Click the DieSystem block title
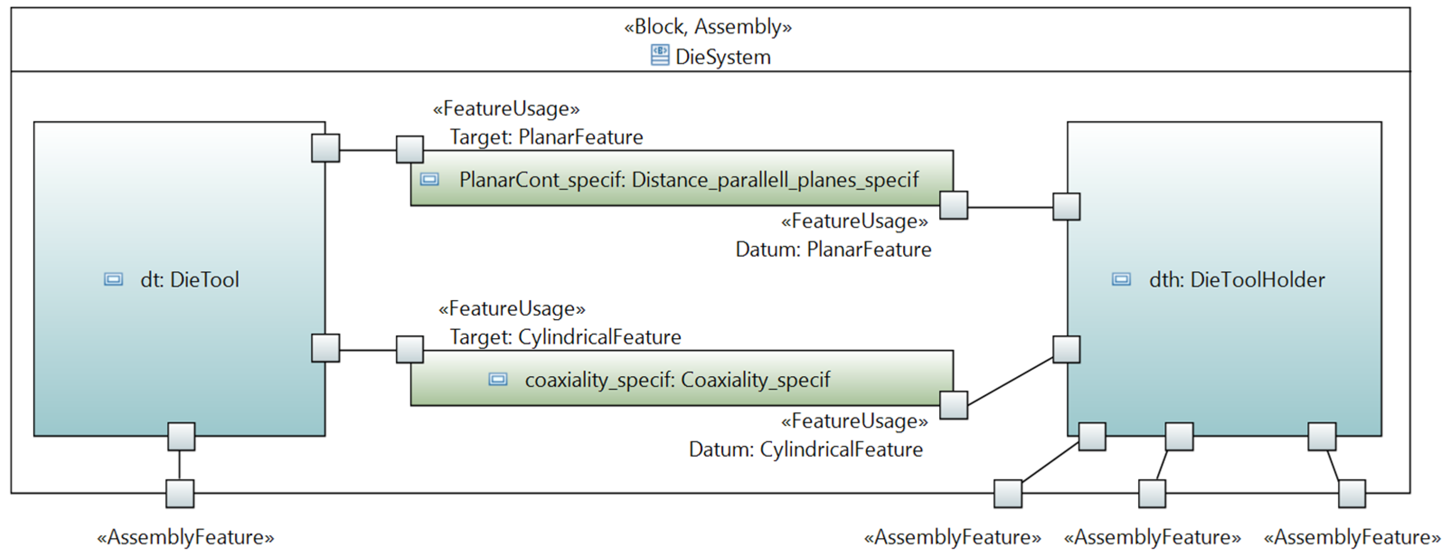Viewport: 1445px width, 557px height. click(x=722, y=57)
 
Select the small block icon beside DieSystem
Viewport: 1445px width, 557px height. click(x=660, y=56)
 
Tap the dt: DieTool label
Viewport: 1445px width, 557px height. click(x=189, y=279)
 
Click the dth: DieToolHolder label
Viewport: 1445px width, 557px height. click(x=1236, y=279)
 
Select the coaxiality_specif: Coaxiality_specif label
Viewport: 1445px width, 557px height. click(x=677, y=380)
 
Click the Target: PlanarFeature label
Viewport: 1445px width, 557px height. click(x=546, y=137)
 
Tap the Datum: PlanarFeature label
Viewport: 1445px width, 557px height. click(x=833, y=249)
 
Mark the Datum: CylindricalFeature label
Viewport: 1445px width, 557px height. click(x=805, y=449)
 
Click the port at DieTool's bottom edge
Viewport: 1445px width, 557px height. click(x=181, y=436)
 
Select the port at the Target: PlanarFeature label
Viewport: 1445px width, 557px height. click(x=409, y=149)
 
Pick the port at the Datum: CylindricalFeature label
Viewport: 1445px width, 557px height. click(x=953, y=405)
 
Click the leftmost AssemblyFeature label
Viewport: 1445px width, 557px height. click(x=186, y=538)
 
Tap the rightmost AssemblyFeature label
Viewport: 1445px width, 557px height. click(x=1352, y=538)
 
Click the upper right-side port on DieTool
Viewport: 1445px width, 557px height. click(x=325, y=148)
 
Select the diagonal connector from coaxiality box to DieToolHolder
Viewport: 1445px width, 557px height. click(x=1010, y=381)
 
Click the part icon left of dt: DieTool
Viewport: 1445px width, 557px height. click(x=113, y=279)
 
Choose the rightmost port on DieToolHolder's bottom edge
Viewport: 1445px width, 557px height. click(x=1322, y=436)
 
